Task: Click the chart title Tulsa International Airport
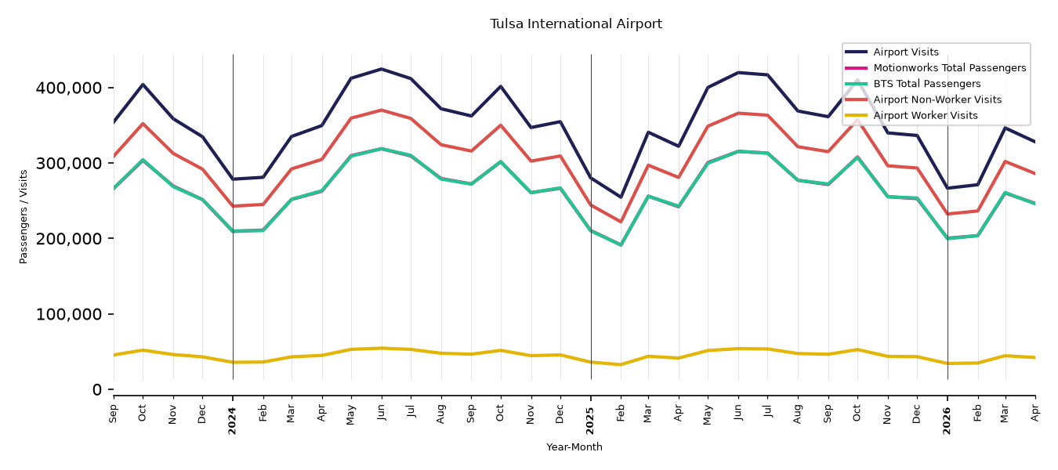pyautogui.click(x=576, y=23)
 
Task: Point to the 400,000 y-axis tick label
pyautogui.click(x=68, y=88)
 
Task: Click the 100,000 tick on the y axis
pyautogui.click(x=68, y=314)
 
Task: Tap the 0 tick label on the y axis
pyautogui.click(x=97, y=389)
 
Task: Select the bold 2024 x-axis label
pyautogui.click(x=233, y=420)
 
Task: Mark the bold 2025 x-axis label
pyautogui.click(x=590, y=420)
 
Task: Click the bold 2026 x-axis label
pyautogui.click(x=947, y=420)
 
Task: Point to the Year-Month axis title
pyautogui.click(x=574, y=446)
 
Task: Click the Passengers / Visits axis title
pyautogui.click(x=24, y=217)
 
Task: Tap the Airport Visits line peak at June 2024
pyautogui.click(x=381, y=69)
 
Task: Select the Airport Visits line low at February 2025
pyautogui.click(x=621, y=197)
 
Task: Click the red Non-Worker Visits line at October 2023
pyautogui.click(x=143, y=124)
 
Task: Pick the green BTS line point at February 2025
pyautogui.click(x=621, y=245)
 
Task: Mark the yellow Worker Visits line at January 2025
pyautogui.click(x=591, y=363)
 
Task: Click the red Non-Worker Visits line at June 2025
pyautogui.click(x=738, y=114)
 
